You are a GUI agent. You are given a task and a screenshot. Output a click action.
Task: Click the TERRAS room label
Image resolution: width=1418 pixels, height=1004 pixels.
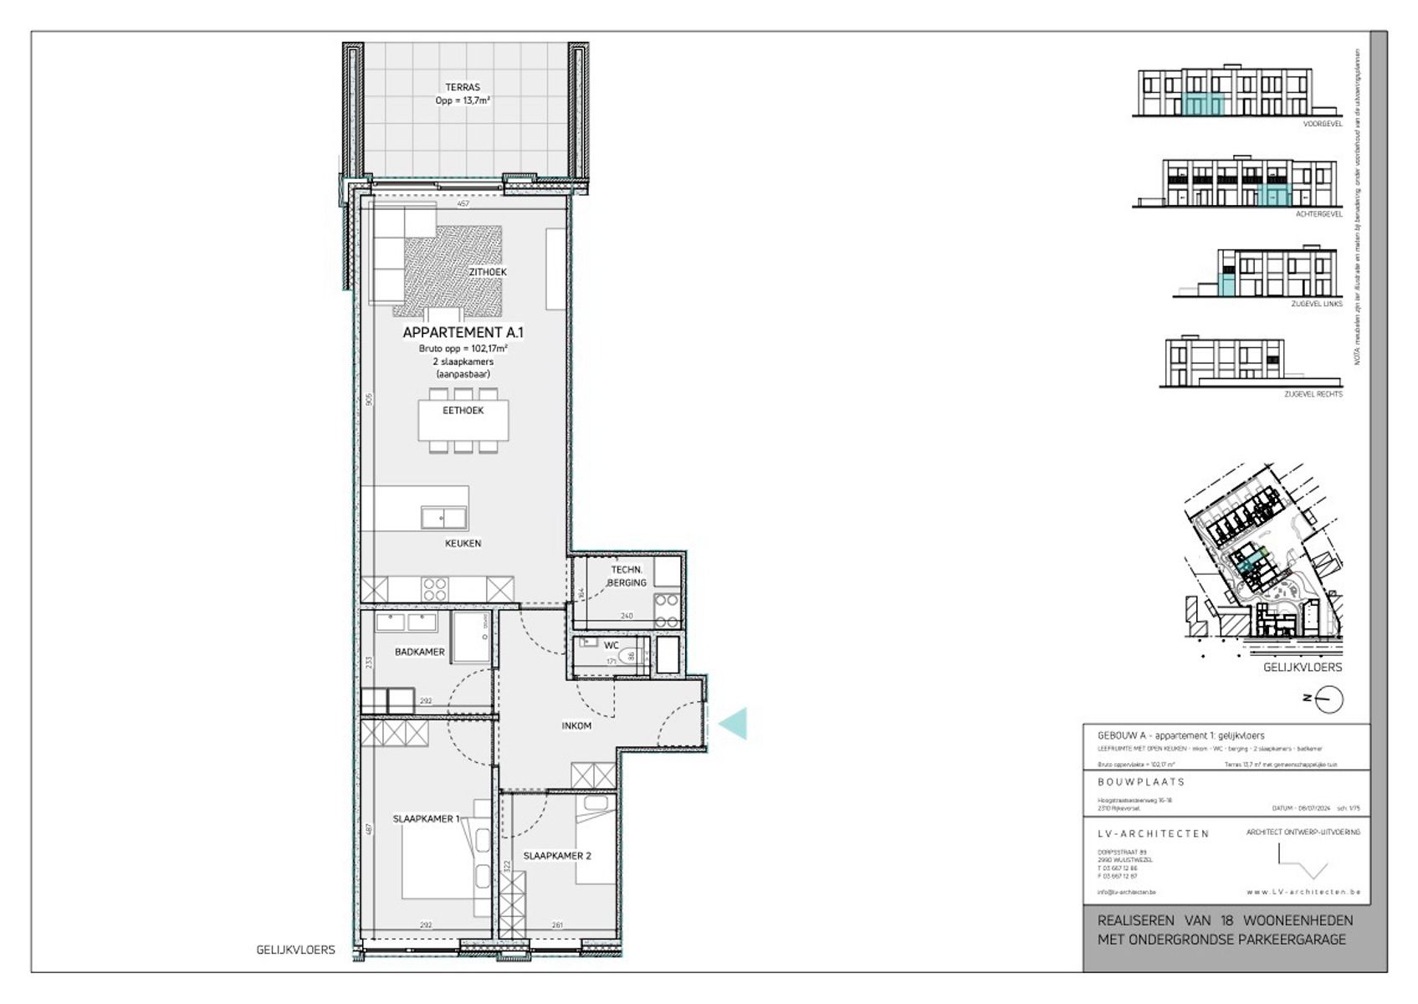[x=463, y=87]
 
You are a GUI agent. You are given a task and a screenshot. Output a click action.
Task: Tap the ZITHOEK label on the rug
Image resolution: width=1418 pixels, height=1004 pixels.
[x=488, y=272]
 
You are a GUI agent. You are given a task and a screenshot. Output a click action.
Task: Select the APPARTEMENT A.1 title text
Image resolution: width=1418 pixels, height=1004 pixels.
[x=463, y=332]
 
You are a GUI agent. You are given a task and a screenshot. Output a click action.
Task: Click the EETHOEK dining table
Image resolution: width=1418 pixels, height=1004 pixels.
[x=463, y=421]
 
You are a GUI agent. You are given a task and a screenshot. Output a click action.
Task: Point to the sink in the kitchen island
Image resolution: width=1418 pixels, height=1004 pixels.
[x=443, y=518]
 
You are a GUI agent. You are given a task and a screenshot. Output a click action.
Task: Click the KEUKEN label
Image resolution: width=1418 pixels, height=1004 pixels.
[x=463, y=543]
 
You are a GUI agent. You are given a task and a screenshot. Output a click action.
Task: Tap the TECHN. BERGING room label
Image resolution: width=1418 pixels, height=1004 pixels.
[x=627, y=576]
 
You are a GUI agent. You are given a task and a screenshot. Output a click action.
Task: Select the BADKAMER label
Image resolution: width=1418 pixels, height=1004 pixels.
[x=419, y=652]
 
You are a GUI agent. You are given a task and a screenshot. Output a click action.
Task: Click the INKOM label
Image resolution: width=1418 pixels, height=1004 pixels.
[x=576, y=725]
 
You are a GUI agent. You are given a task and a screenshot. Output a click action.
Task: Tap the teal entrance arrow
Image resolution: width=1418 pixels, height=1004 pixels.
[x=734, y=723]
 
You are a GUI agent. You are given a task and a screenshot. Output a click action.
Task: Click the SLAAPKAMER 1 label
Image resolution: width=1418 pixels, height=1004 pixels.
[x=426, y=818]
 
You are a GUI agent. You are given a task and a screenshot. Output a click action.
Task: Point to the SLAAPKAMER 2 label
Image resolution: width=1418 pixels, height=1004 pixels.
[x=557, y=856]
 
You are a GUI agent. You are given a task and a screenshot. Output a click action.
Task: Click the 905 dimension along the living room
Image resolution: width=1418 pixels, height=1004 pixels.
[x=369, y=400]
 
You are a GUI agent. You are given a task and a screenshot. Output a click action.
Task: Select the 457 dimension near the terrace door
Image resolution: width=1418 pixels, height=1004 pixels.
[x=463, y=203]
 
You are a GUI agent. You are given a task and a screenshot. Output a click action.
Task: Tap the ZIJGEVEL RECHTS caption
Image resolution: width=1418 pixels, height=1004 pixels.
[x=1313, y=394]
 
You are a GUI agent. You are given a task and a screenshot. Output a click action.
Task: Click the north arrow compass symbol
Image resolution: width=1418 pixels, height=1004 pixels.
[x=1328, y=699]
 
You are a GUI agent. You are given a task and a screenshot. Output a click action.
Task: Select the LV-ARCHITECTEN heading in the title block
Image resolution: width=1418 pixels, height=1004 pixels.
[x=1153, y=833]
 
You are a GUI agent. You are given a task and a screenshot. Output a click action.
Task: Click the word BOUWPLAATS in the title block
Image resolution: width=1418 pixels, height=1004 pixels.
[x=1141, y=781]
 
